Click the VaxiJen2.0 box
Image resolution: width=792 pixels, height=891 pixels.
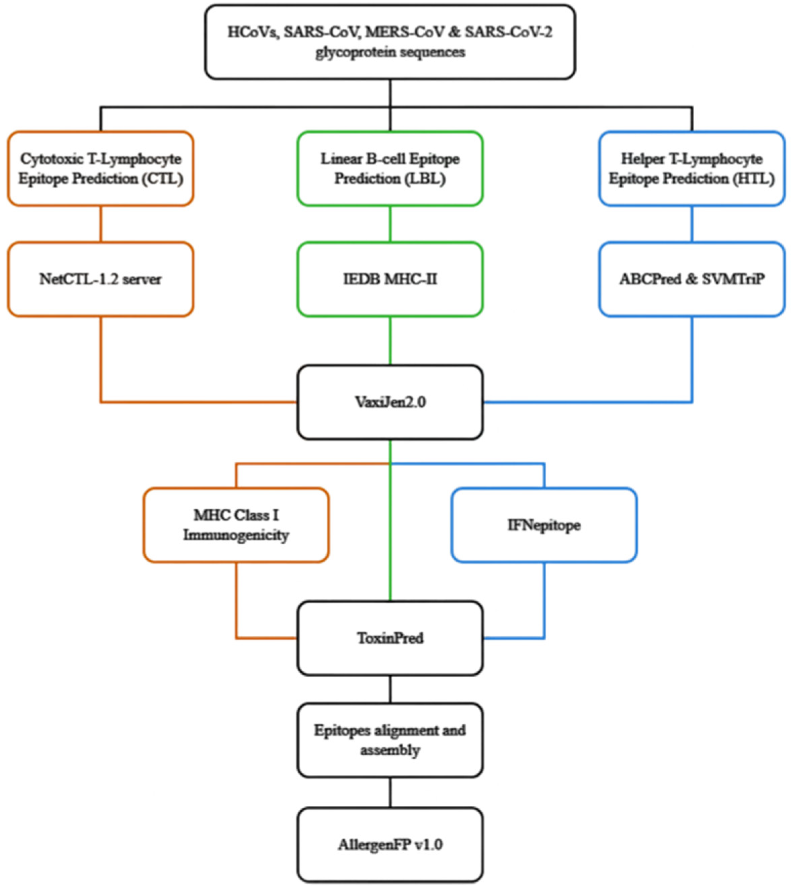(390, 402)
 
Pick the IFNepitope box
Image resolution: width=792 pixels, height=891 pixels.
(544, 525)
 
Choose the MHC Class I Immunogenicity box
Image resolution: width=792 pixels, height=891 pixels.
(236, 525)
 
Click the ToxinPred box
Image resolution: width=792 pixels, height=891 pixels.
(390, 638)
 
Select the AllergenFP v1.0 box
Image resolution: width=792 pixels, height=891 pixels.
(390, 845)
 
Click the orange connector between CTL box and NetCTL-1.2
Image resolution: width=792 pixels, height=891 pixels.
(101, 224)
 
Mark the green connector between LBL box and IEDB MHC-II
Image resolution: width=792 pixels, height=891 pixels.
(390, 224)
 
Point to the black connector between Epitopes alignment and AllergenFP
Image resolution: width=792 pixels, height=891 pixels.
(390, 793)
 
